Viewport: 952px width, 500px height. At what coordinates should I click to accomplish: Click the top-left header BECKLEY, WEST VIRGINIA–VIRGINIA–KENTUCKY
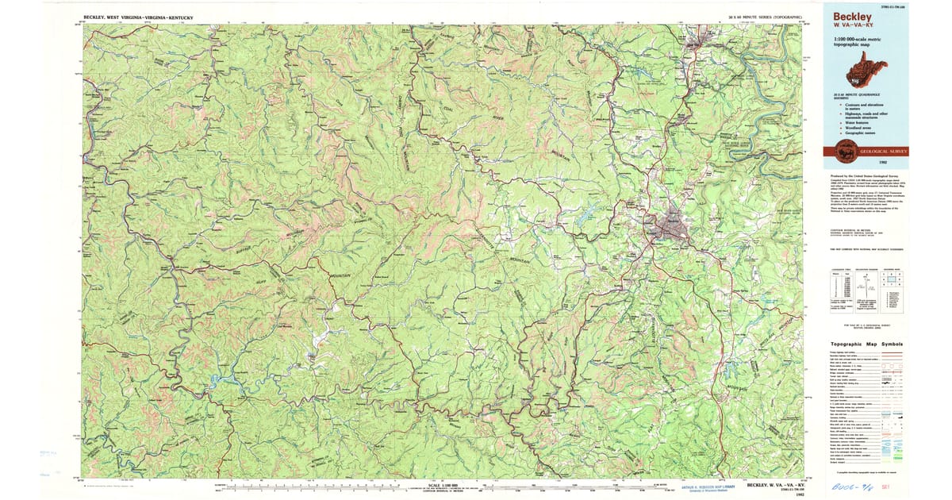point(138,17)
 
